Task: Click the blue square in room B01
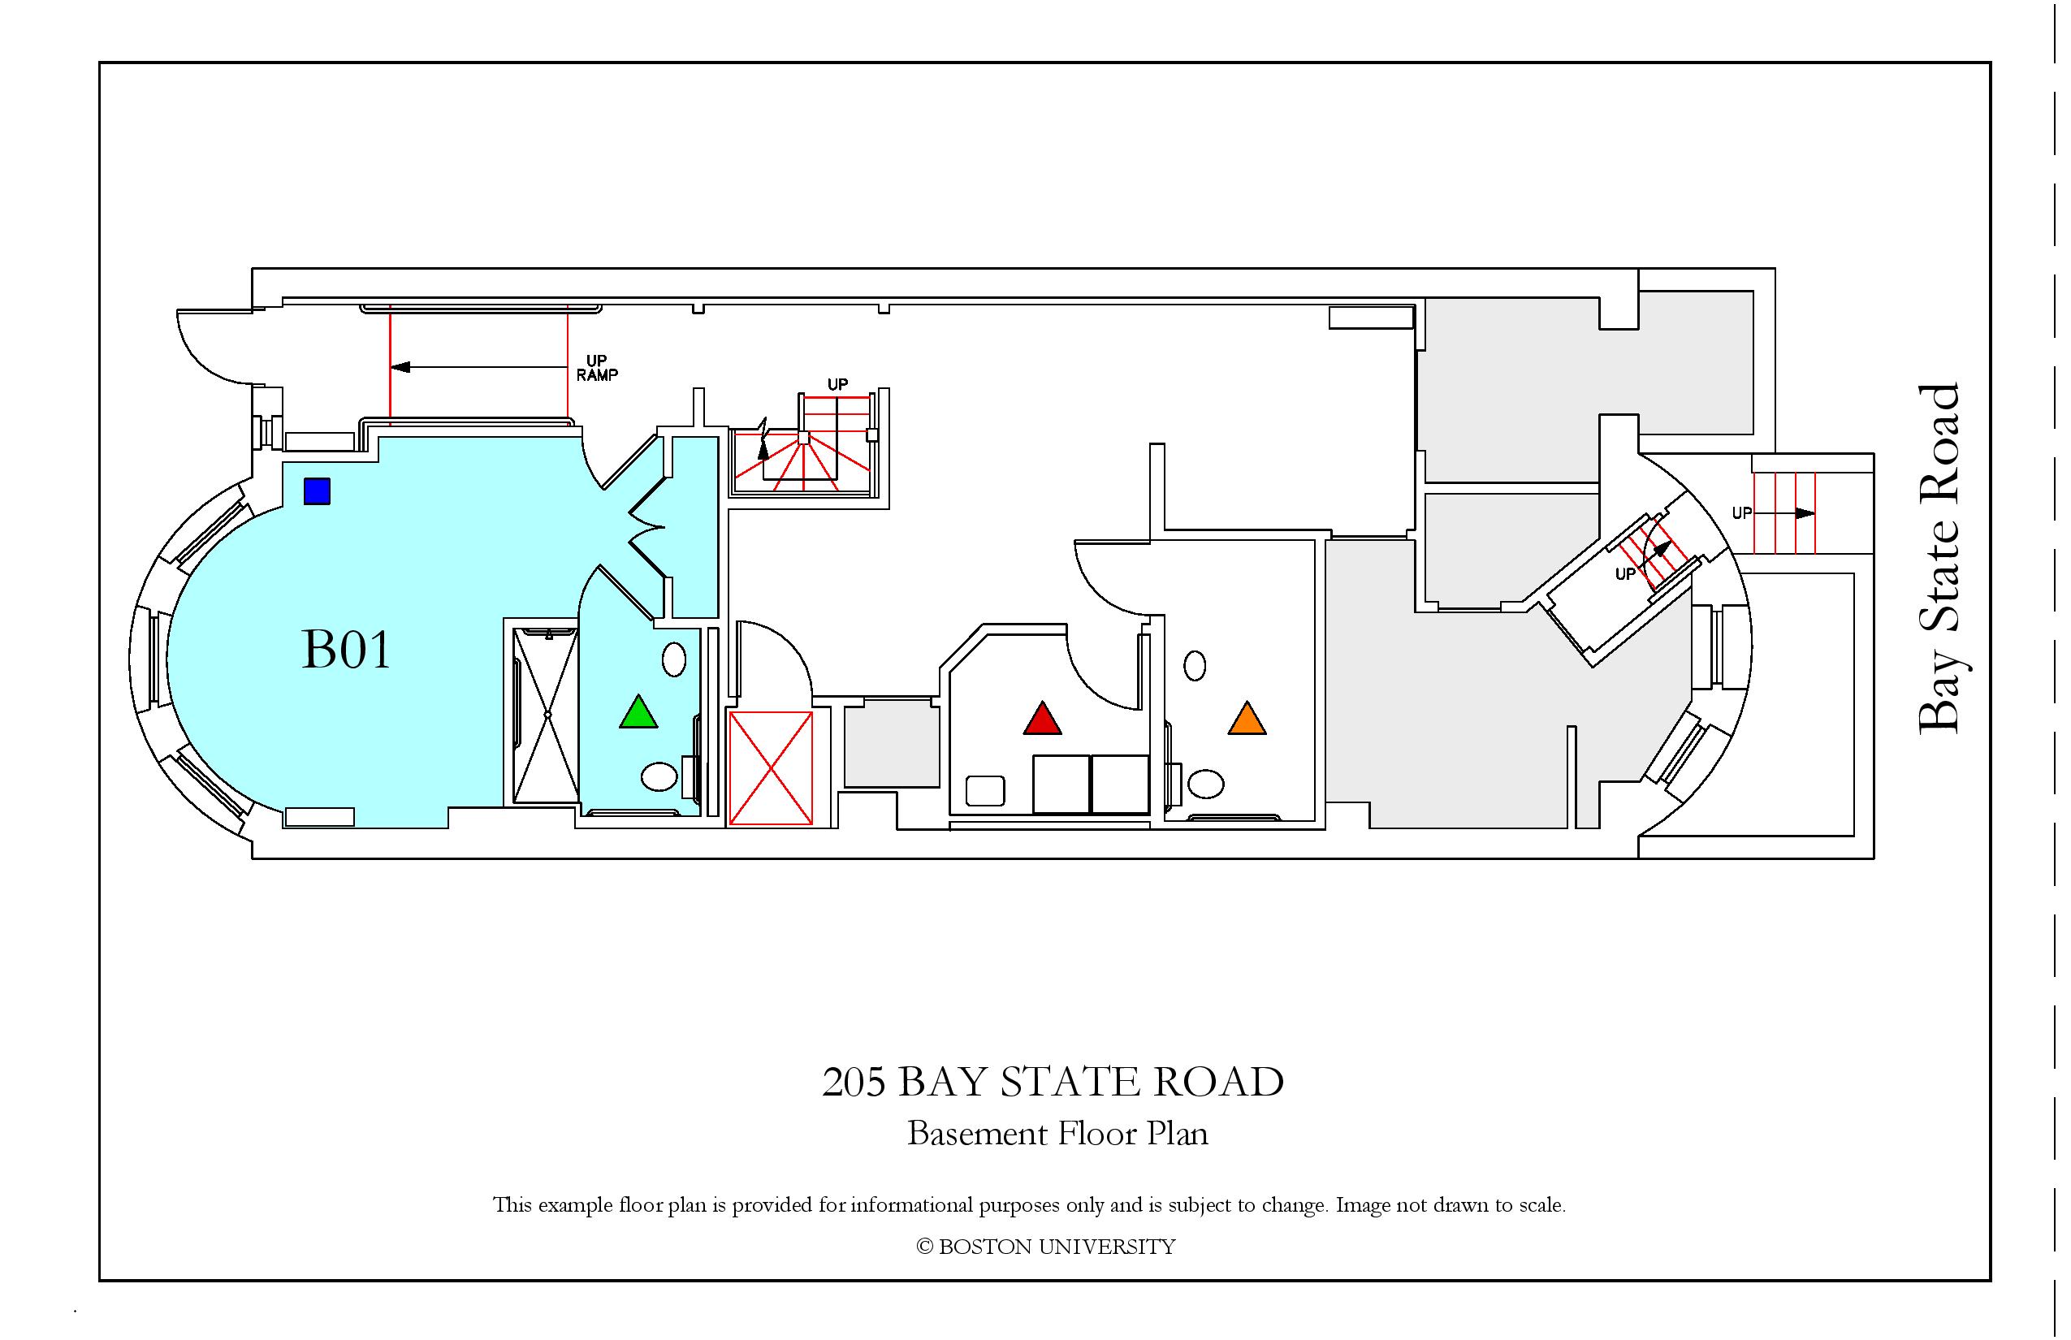tap(317, 491)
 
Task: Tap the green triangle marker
tap(638, 713)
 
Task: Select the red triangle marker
tap(1043, 719)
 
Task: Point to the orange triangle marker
tap(1247, 719)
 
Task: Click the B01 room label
tap(346, 650)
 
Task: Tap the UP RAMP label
tap(597, 368)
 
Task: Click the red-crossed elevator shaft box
tap(770, 768)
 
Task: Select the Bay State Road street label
tap(1939, 559)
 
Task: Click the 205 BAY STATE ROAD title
tap(1053, 1083)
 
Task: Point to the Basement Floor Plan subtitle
tap(1057, 1134)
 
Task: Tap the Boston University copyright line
tap(1046, 1247)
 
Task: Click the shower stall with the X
tap(547, 715)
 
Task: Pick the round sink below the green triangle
tap(659, 776)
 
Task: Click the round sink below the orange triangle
tap(1205, 784)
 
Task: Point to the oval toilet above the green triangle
tap(674, 659)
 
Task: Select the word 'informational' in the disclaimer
tap(913, 1205)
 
